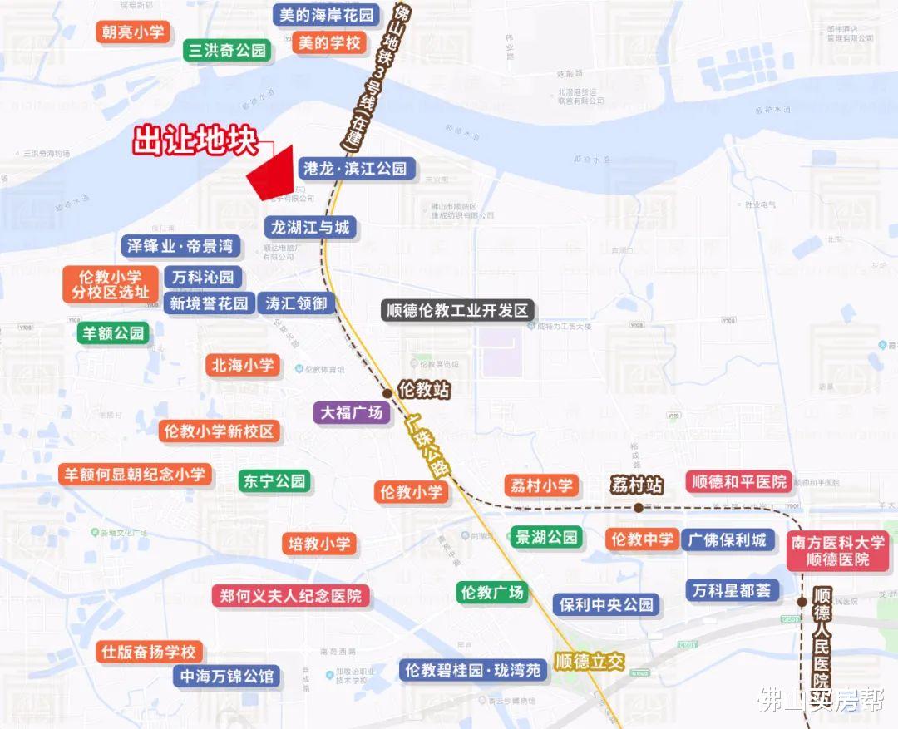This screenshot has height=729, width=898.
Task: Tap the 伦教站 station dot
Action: click(x=387, y=393)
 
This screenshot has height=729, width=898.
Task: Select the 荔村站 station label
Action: click(x=636, y=485)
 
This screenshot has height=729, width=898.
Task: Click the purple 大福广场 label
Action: click(x=352, y=412)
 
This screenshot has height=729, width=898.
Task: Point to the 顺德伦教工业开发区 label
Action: click(x=456, y=311)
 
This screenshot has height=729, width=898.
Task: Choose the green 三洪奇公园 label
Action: click(x=228, y=51)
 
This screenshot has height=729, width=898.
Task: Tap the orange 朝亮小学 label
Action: click(x=133, y=32)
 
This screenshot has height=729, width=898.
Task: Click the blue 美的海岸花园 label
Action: click(x=327, y=15)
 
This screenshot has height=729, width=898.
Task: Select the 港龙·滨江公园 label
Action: click(x=355, y=169)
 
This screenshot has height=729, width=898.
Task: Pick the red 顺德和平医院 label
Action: click(x=737, y=482)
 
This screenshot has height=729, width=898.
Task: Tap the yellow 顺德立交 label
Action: click(x=590, y=662)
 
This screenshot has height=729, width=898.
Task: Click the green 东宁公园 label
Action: click(x=274, y=481)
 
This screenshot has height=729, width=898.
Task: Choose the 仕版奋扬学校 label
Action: click(x=148, y=652)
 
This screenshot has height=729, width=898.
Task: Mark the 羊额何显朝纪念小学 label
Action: click(x=135, y=475)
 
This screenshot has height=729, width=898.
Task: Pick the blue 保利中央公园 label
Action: click(x=606, y=604)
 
